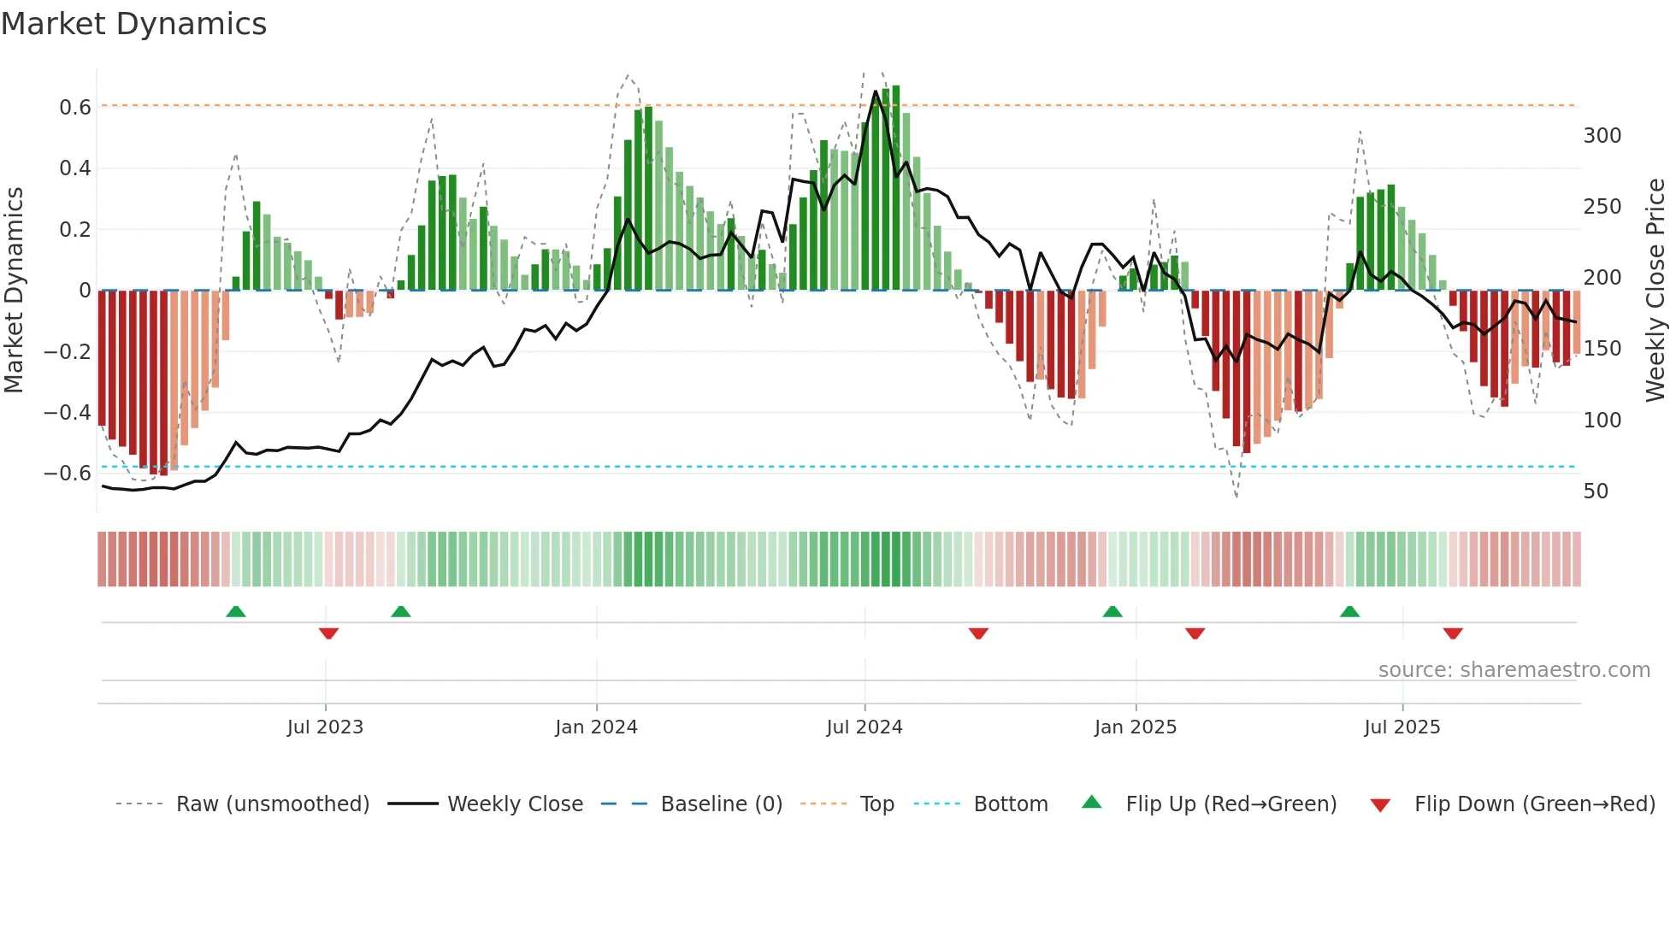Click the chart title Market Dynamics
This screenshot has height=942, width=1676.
point(133,24)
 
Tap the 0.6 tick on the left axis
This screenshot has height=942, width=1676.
point(75,108)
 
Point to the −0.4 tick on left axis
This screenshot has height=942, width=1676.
point(68,413)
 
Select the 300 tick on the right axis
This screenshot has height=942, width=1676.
point(1602,136)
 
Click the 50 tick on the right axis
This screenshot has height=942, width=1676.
point(1596,492)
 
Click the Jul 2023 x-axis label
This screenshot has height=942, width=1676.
point(325,727)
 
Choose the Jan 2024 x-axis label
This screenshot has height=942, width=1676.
point(596,727)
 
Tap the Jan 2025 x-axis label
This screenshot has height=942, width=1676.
point(1136,727)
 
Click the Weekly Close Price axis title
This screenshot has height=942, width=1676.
point(1655,291)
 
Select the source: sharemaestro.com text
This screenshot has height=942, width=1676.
point(1514,670)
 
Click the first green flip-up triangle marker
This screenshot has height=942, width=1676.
point(236,611)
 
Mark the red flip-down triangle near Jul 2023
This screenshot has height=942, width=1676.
point(328,633)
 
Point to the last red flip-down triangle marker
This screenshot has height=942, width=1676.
point(1453,633)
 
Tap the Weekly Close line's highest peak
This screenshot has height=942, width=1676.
point(876,91)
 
